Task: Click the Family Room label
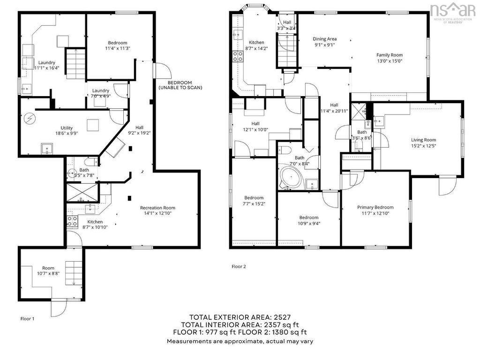[x=390, y=55]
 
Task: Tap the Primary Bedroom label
[x=375, y=207]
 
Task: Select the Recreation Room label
[x=157, y=208]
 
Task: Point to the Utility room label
[x=67, y=128]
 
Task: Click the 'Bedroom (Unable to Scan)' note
[x=180, y=85]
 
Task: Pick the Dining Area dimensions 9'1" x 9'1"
[x=325, y=45]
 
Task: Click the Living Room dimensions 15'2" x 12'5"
[x=423, y=146]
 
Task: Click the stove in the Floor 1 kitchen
[x=72, y=221]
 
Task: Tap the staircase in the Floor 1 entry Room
[x=74, y=273]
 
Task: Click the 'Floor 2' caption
[x=239, y=267]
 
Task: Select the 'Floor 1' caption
[x=27, y=319]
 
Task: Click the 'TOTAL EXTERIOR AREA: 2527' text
[x=240, y=317]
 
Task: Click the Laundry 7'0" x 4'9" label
[x=101, y=93]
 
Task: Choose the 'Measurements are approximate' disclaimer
[x=240, y=341]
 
